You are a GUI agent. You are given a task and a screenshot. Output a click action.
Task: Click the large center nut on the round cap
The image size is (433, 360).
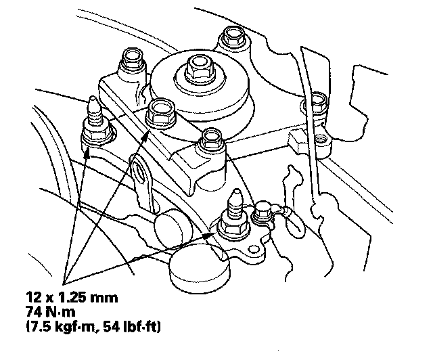click(198, 66)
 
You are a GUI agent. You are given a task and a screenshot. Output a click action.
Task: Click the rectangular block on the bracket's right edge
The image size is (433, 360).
click(298, 142)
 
